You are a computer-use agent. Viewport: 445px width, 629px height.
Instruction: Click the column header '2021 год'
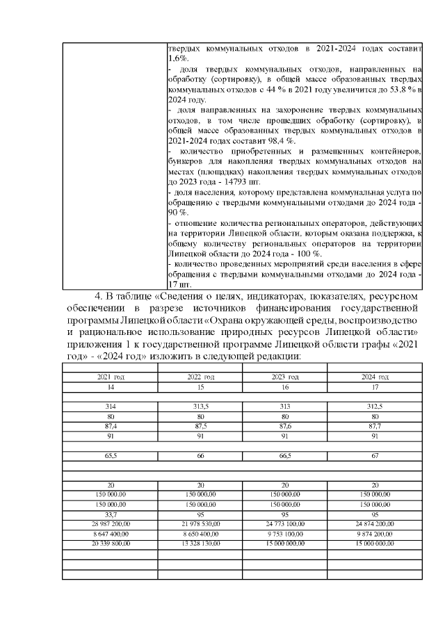click(x=110, y=376)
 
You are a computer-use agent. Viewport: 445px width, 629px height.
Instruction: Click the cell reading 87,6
click(x=284, y=427)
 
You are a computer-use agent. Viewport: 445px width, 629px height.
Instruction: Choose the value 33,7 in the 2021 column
click(x=110, y=516)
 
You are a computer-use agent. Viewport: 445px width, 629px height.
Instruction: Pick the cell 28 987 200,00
click(x=110, y=523)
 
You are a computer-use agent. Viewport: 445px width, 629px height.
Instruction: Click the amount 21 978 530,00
click(x=200, y=523)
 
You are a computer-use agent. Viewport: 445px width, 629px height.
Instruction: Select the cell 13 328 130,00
click(x=200, y=543)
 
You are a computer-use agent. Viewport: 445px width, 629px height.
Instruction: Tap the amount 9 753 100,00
click(x=284, y=533)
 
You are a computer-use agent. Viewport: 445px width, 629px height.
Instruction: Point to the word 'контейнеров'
click(x=394, y=152)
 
